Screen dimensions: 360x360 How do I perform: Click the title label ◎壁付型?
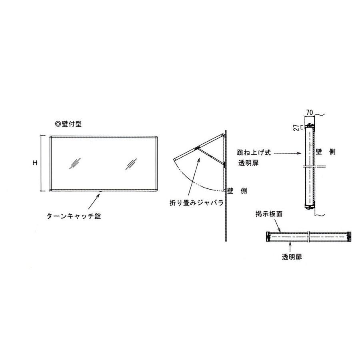68,124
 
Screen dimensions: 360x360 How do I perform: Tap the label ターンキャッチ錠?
73,216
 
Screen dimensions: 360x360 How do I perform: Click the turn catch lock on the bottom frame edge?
101,191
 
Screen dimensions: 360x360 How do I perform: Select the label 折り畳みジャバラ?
196,203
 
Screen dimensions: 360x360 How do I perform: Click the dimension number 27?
296,128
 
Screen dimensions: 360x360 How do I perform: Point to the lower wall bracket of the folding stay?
225,164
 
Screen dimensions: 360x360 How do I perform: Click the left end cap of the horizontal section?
268,236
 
